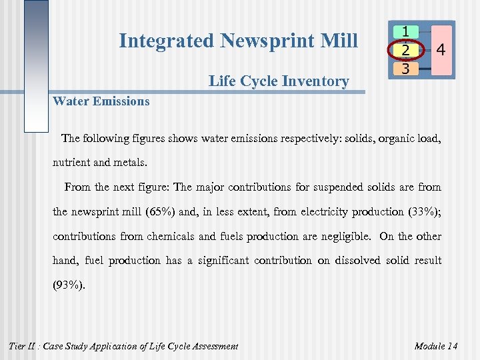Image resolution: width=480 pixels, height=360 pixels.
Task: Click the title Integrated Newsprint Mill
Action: (238, 41)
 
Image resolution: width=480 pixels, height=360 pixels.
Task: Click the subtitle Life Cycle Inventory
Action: (278, 81)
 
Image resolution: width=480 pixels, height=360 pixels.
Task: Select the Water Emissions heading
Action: (101, 101)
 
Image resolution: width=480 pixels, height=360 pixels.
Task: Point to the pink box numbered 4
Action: (440, 49)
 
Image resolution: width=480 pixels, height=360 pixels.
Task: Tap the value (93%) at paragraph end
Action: (69, 284)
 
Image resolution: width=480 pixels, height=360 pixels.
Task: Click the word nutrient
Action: (73, 163)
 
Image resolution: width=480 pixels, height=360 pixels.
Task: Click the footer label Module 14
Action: (436, 345)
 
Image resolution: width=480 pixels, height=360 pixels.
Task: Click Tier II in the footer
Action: (24, 345)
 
